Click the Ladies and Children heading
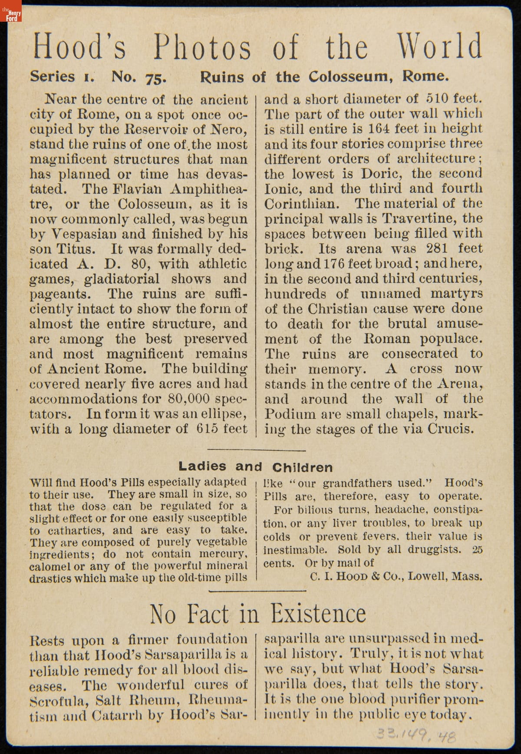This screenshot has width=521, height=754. click(256, 467)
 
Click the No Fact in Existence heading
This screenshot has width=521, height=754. click(258, 614)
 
